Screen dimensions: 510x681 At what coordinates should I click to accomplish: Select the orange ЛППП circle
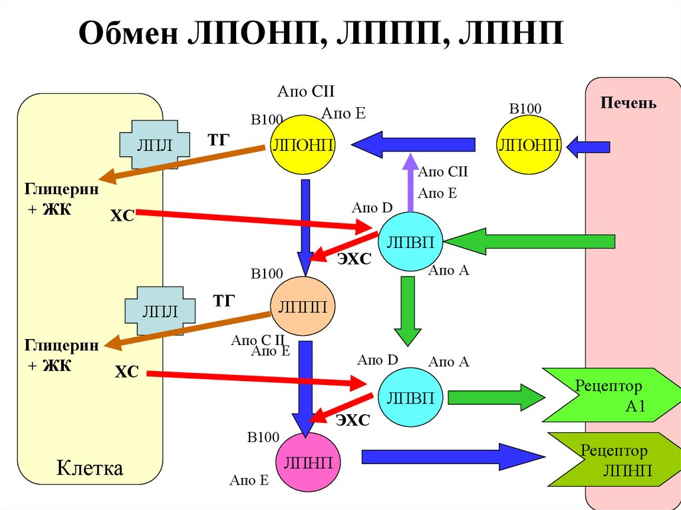302,307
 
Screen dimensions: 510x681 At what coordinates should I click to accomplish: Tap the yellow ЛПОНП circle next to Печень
529,146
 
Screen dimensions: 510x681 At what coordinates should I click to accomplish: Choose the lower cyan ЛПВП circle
410,398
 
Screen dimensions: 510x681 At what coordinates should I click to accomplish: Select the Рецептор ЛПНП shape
612,459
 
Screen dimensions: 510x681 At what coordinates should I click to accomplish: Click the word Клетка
90,468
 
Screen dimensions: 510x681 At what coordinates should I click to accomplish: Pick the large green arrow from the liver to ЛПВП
532,242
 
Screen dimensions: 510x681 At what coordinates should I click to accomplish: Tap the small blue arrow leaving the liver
588,146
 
